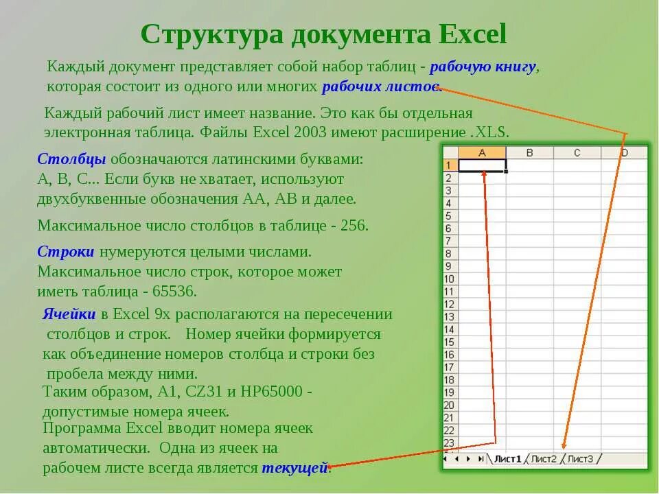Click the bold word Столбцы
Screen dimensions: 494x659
pyautogui.click(x=71, y=159)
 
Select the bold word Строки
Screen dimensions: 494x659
pyautogui.click(x=66, y=252)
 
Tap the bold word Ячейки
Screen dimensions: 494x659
pyautogui.click(x=69, y=314)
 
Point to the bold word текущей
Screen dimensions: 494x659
pyautogui.click(x=295, y=468)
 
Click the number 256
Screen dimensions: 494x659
pyautogui.click(x=354, y=225)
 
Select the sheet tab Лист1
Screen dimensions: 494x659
pyautogui.click(x=508, y=458)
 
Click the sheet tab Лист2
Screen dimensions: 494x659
pyautogui.click(x=544, y=458)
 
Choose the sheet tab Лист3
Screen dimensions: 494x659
pyautogui.click(x=580, y=458)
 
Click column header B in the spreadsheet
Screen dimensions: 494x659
pyautogui.click(x=529, y=153)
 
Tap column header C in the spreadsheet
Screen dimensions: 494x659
pyautogui.click(x=577, y=153)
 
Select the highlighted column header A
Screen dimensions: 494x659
pyautogui.click(x=482, y=153)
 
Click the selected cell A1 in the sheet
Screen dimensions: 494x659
pyautogui.click(x=482, y=165)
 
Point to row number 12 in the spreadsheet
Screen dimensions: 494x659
pyautogui.click(x=449, y=304)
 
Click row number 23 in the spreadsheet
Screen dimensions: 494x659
pyautogui.click(x=449, y=443)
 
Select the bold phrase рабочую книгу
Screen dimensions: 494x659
pyautogui.click(x=484, y=67)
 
